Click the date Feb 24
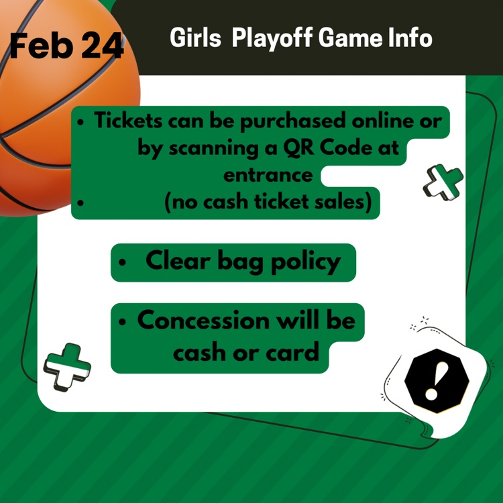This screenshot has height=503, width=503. coord(66,46)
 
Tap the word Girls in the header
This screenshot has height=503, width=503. coord(195,38)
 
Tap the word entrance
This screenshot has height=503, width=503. coord(268,174)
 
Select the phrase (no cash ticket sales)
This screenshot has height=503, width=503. coord(268,202)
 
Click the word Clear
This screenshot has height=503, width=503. coord(176,261)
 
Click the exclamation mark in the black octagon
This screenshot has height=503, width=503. coord(436,380)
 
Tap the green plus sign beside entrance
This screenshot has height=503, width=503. coord(443,182)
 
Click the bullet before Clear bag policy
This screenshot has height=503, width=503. coord(122,263)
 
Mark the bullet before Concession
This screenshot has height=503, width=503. coord(122,322)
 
